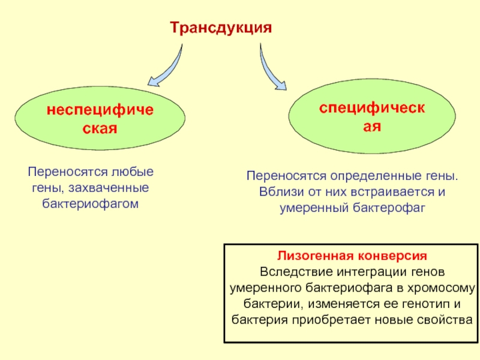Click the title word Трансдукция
coord(221,28)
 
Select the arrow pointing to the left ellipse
coord(170,70)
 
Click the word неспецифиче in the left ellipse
coord(100,110)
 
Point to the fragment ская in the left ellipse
coord(100,128)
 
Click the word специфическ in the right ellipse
coord(372,108)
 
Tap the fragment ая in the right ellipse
coord(372,126)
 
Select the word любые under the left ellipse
coord(132,172)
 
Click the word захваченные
coord(109,188)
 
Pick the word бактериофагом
coord(91,204)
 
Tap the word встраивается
coord(392,192)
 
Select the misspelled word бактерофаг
coord(389,208)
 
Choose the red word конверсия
coord(393,256)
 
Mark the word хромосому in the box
coord(442,288)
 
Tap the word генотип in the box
coord(425,304)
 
